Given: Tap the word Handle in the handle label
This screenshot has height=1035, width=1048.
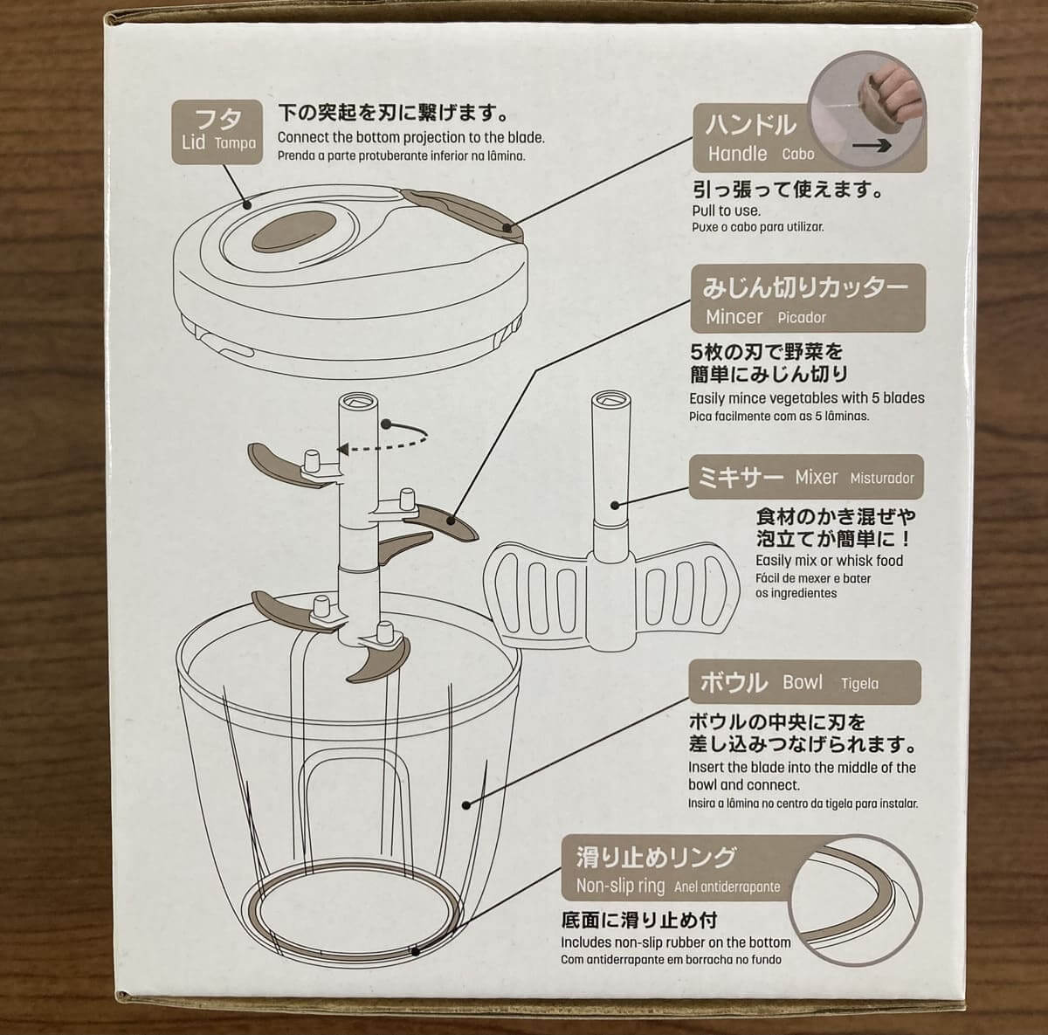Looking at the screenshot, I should [737, 154].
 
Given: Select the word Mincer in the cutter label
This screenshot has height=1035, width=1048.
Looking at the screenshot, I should [734, 317].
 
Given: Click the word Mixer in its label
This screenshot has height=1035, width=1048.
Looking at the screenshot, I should [816, 478].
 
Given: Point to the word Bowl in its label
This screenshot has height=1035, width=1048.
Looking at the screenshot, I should [803, 682].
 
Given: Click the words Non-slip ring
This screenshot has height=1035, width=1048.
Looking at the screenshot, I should [620, 886].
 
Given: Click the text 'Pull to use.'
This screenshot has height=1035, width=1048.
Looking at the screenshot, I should [726, 210].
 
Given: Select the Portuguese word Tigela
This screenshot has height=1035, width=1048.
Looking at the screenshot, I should [859, 684].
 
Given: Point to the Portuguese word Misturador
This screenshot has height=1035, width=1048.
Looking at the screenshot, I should [882, 479].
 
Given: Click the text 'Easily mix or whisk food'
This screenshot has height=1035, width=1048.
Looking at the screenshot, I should [829, 561].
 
